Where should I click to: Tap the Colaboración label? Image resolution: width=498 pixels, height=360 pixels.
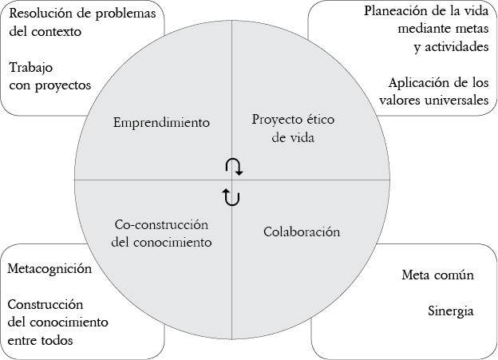pyautogui.click(x=302, y=231)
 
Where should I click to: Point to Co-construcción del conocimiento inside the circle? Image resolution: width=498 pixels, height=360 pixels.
pyautogui.click(x=161, y=233)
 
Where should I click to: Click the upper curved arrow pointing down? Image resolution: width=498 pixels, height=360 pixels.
pyautogui.click(x=233, y=166)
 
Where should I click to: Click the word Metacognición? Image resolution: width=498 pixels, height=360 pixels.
pyautogui.click(x=49, y=268)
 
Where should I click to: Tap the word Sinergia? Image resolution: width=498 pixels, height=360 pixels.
pyautogui.click(x=451, y=310)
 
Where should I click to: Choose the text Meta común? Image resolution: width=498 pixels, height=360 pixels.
pyautogui.click(x=438, y=276)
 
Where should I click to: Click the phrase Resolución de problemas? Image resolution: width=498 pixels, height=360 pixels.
pyautogui.click(x=81, y=14)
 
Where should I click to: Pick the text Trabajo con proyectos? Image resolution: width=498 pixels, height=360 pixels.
pyautogui.click(x=49, y=76)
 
